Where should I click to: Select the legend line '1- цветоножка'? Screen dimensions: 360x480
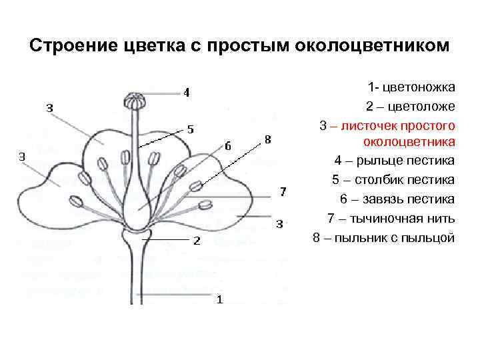[411, 87]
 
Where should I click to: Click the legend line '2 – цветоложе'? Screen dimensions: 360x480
[410, 107]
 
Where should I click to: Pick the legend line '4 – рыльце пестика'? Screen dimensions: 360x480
[395, 161]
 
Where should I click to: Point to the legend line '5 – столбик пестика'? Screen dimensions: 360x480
[393, 180]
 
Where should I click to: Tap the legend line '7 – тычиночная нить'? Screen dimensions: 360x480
[391, 219]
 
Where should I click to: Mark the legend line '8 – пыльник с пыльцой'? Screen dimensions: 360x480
[383, 238]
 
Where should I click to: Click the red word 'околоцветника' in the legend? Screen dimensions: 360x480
[409, 141]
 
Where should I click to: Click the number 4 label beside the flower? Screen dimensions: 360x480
[186, 93]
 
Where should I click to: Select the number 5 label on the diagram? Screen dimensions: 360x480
[190, 129]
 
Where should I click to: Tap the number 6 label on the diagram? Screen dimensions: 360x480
[228, 145]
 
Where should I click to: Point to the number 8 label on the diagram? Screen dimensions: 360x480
[267, 139]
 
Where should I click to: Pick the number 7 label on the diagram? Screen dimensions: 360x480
[283, 192]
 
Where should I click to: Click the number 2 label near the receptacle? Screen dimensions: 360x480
[197, 241]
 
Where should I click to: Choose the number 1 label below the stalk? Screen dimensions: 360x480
[220, 299]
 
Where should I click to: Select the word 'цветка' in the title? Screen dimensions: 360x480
[149, 47]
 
